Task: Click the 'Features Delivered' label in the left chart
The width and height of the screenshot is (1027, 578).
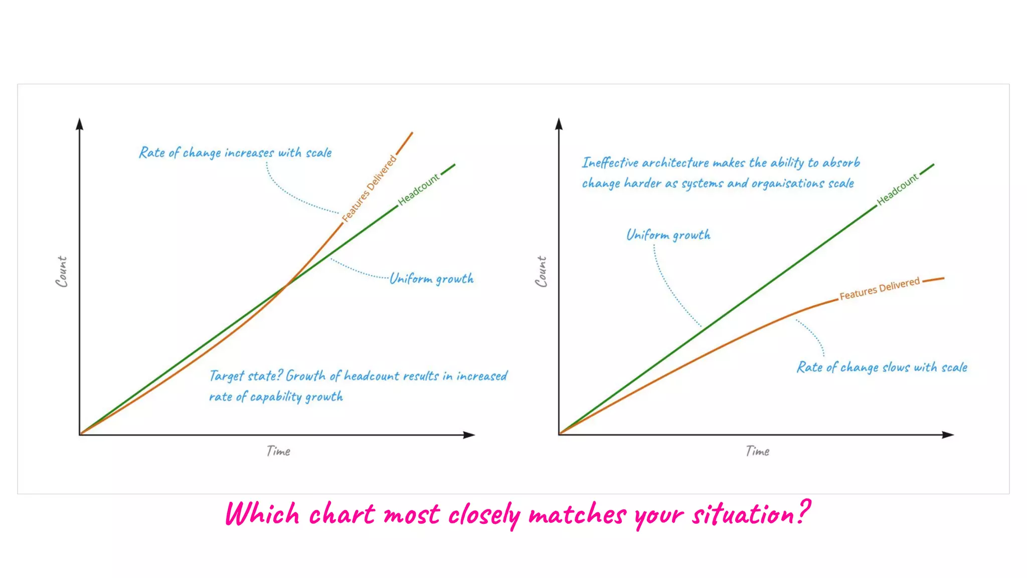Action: click(370, 189)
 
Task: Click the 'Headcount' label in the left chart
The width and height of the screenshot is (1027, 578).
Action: click(419, 190)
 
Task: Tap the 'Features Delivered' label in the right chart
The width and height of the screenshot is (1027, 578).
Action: click(880, 288)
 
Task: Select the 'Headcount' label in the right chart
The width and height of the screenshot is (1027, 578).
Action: click(898, 190)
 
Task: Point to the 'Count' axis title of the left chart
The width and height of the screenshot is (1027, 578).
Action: click(61, 271)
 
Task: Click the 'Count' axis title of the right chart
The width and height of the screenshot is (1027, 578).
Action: click(541, 271)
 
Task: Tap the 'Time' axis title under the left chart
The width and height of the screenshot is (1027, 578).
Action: click(278, 451)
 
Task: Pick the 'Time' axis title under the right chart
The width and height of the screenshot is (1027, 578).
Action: click(757, 451)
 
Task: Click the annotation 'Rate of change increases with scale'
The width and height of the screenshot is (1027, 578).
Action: click(235, 153)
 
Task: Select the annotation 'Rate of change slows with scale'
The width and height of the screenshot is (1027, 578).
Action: click(882, 367)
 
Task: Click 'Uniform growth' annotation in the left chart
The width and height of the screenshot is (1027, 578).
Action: click(432, 279)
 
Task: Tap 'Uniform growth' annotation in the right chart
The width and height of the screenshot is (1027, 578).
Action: click(668, 235)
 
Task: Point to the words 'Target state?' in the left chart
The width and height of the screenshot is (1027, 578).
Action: click(246, 376)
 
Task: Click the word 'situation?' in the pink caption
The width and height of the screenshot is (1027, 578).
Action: click(751, 514)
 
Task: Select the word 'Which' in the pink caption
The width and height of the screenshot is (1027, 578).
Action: click(262, 514)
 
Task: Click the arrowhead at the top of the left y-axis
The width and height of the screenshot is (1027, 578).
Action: click(79, 124)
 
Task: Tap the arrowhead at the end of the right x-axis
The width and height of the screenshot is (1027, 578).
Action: click(947, 435)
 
